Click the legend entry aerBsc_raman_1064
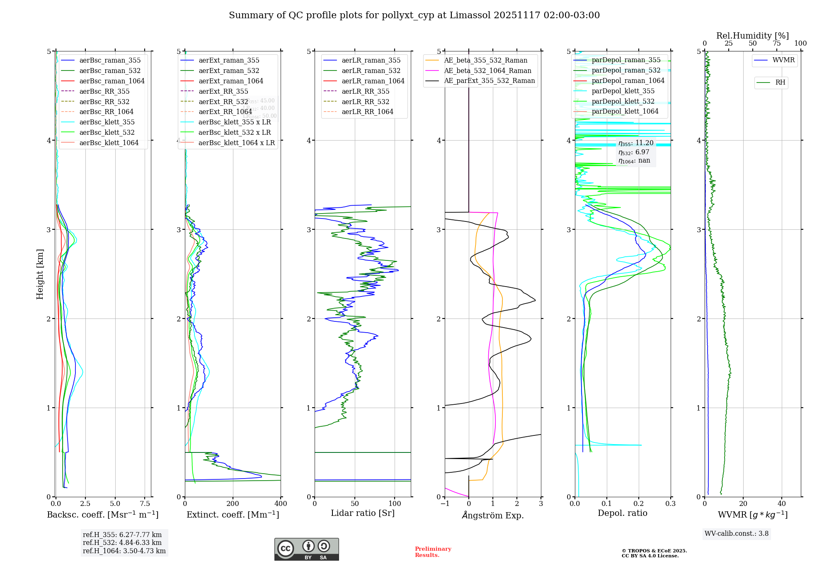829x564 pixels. pos(112,81)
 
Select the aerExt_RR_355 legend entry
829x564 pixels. pos(223,91)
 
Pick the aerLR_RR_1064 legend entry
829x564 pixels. pos(367,112)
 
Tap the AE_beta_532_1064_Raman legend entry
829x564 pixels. pos(487,70)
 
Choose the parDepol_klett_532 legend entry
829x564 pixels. pos(623,101)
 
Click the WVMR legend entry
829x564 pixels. pos(783,60)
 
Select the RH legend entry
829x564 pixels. pos(780,83)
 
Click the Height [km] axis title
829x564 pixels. pos(40,274)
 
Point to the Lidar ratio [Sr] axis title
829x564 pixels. pos(363,513)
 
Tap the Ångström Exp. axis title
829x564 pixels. pos(493,515)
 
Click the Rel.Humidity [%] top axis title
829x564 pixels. pos(752,36)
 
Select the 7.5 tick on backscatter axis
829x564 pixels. pos(145,503)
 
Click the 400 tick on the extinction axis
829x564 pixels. pos(281,503)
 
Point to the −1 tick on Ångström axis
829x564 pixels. pos(445,503)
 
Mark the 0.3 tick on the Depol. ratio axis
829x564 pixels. pos(670,503)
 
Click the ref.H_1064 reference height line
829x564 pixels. pos(124,551)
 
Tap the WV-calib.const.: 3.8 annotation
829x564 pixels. pos(737,533)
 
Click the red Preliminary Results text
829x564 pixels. pos(433,552)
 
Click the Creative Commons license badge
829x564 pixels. pos(306,549)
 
